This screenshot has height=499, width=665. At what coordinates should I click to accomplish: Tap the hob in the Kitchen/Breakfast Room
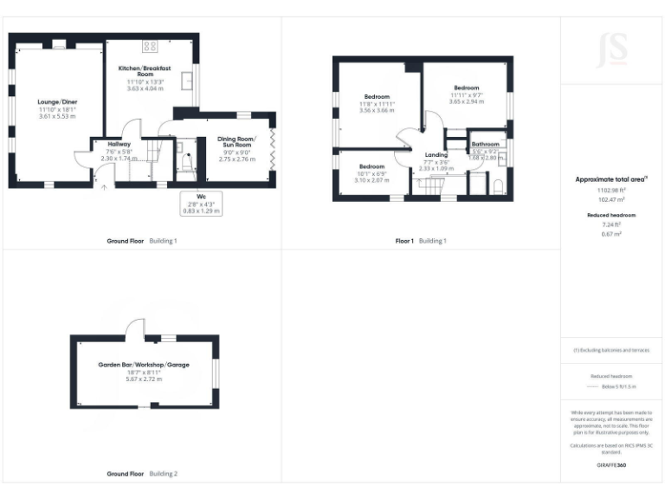150,47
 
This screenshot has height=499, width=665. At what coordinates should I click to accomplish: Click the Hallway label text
119,144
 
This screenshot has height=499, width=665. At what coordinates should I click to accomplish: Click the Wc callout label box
200,204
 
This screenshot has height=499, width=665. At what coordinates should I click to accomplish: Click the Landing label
436,155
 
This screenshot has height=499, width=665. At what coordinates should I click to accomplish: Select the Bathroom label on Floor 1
485,144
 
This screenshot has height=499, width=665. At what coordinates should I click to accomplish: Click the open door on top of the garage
134,327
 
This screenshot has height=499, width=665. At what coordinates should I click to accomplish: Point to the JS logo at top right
612,50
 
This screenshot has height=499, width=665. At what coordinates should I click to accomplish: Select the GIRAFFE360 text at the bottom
611,465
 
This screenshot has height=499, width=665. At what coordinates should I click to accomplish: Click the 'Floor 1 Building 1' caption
420,240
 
